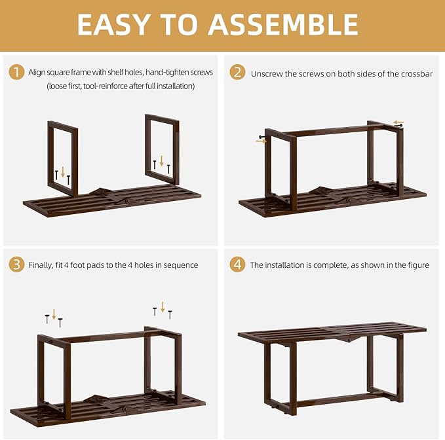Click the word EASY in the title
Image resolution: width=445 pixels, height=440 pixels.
114,24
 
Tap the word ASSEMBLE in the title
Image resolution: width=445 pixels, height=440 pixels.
282,24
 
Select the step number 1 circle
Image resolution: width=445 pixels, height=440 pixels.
16,73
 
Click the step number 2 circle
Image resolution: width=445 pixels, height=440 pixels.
237,73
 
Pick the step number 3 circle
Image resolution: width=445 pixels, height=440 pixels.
16,265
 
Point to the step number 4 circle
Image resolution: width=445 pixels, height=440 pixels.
237,265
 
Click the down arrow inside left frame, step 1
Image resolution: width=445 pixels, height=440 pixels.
63,173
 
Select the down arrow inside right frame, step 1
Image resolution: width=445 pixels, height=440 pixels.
162,161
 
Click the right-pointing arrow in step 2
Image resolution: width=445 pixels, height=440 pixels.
261,140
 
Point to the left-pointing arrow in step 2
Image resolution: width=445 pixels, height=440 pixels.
398,122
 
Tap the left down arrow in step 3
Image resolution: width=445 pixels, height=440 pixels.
54,314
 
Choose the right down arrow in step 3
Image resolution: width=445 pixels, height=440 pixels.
163,306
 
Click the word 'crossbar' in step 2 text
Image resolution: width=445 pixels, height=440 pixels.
417,73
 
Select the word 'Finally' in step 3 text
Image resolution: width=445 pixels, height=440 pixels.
40,265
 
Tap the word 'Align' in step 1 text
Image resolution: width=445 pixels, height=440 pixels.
37,72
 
